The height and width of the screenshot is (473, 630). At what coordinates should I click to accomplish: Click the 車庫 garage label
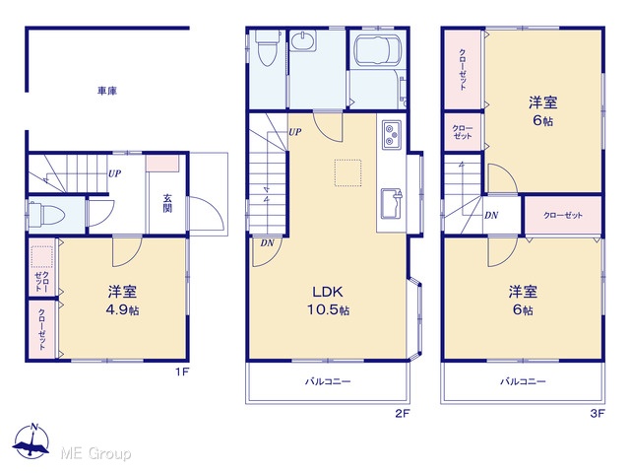click(107, 91)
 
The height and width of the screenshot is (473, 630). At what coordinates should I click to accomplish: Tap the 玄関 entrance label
click(167, 204)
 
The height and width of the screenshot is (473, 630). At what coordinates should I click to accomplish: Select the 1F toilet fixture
click(46, 215)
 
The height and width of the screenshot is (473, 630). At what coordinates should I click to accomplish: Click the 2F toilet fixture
click(267, 48)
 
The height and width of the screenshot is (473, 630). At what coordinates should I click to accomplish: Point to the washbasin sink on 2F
click(304, 41)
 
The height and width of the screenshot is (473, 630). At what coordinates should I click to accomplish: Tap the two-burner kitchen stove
click(392, 135)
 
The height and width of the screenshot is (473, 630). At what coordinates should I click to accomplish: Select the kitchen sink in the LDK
click(392, 204)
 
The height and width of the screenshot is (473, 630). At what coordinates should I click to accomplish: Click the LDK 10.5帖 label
click(328, 300)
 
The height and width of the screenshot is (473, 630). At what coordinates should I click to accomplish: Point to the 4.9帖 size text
click(122, 310)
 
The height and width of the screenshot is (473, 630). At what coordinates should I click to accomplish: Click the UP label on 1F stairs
click(114, 173)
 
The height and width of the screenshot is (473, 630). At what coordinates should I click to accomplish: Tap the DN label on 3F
click(491, 215)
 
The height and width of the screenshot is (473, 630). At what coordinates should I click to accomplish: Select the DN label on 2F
click(267, 243)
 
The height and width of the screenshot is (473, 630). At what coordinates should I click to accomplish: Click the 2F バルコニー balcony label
click(328, 381)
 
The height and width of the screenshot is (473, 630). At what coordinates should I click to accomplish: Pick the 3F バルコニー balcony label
click(523, 381)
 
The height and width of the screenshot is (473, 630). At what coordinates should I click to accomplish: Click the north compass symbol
click(31, 441)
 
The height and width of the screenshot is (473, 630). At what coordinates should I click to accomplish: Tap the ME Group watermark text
click(95, 453)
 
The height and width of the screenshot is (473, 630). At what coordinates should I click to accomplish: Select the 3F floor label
click(598, 413)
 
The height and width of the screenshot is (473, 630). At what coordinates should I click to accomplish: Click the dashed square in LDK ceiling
click(347, 173)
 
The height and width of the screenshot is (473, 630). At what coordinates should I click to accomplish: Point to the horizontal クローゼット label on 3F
click(563, 215)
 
